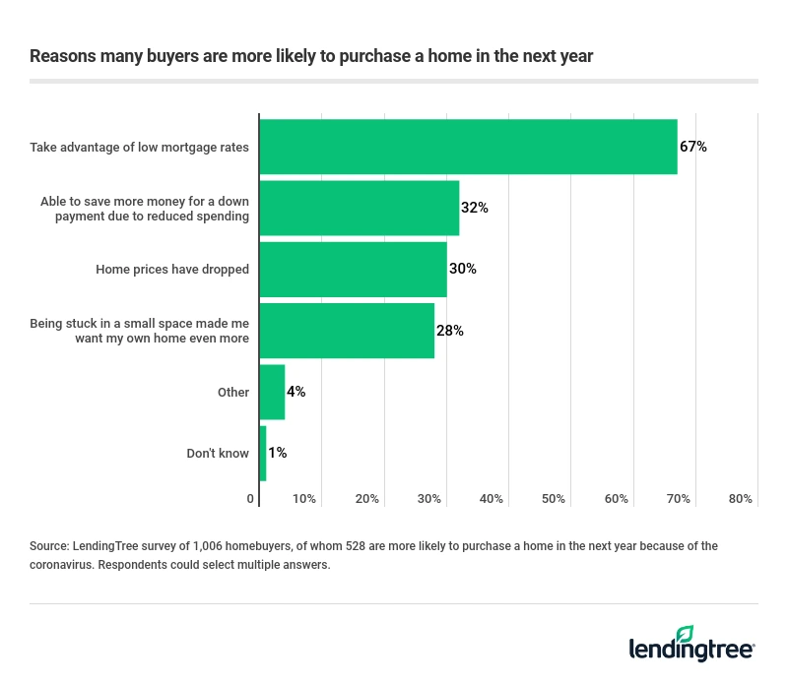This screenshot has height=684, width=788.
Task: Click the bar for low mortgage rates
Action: (468, 147)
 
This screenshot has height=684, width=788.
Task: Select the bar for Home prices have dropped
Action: (353, 269)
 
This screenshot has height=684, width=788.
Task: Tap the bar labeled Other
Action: (272, 392)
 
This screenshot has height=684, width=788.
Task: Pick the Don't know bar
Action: (262, 453)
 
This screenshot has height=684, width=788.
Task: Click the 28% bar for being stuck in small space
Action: (347, 331)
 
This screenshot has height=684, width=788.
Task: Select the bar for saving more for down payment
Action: (359, 208)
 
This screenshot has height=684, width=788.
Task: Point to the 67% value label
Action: (693, 147)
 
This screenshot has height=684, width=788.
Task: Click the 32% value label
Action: (475, 208)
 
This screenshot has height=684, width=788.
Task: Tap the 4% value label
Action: (295, 392)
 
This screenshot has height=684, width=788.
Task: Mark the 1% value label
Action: (277, 453)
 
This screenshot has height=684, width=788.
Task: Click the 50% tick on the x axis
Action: (554, 499)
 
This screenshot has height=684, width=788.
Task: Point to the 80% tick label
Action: (741, 499)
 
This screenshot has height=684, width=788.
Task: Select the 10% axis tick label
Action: (304, 499)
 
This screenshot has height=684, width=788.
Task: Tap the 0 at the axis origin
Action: (250, 499)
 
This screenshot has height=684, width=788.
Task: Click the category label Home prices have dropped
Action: (172, 269)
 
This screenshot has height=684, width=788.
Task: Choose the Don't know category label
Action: (218, 453)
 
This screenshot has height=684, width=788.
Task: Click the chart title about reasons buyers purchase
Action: (311, 56)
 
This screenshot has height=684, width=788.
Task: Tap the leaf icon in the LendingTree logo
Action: (685, 634)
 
